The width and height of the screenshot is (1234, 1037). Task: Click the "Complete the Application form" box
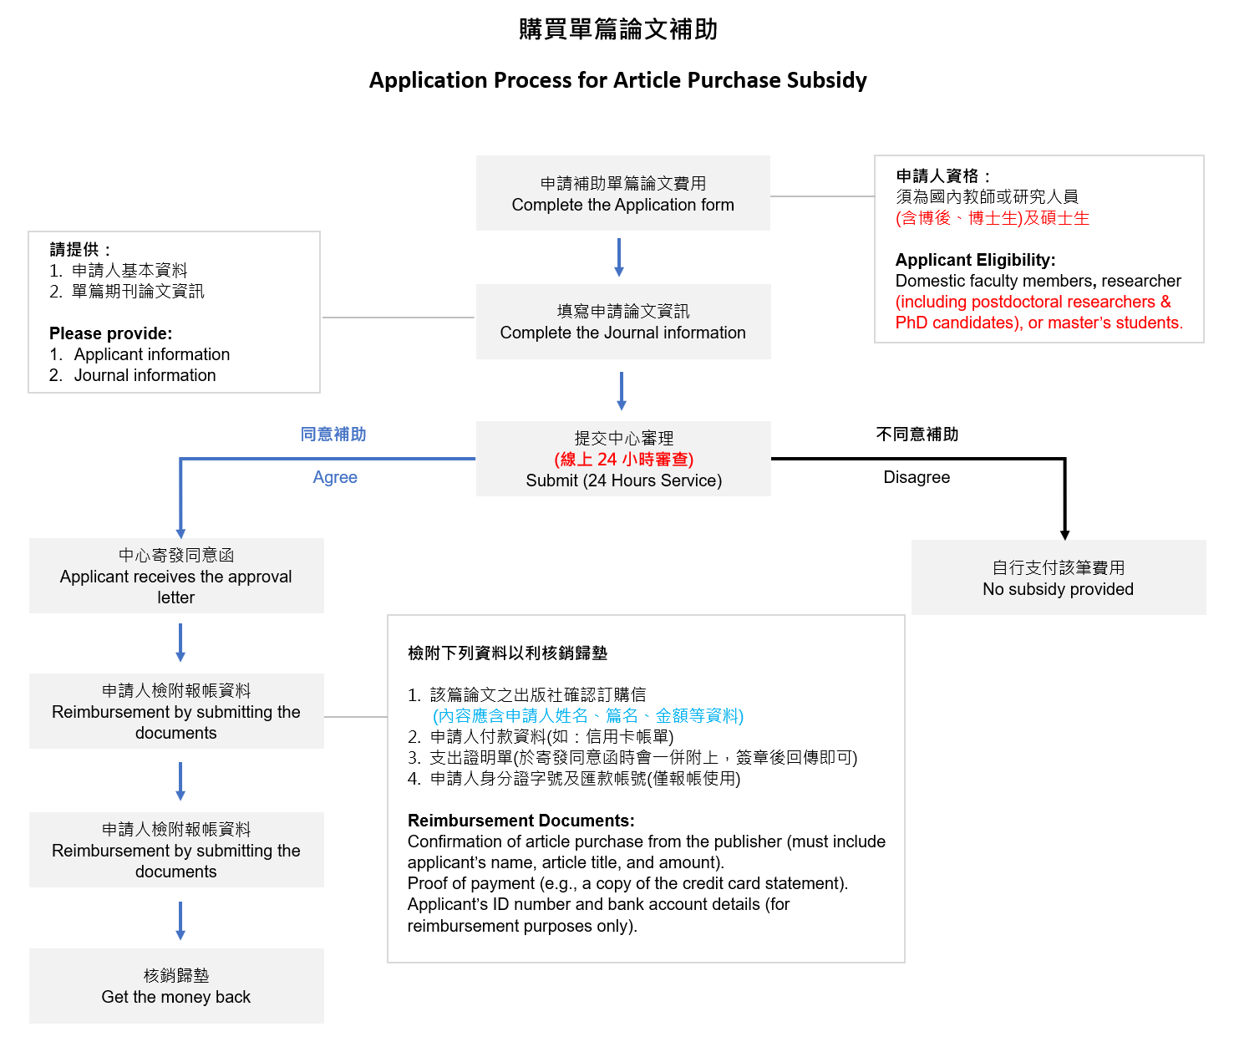tap(622, 193)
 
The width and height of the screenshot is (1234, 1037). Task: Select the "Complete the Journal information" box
tap(623, 321)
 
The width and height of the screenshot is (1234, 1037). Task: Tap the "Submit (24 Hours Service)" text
tap(623, 480)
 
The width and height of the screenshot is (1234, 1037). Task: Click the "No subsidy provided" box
tap(1058, 577)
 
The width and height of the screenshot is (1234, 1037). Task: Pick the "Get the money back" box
tap(176, 985)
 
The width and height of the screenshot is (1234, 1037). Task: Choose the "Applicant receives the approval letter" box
tap(176, 575)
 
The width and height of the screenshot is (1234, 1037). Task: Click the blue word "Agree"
tap(334, 477)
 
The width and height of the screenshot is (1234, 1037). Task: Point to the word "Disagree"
tap(916, 476)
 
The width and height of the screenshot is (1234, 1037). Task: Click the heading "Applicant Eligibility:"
tap(974, 260)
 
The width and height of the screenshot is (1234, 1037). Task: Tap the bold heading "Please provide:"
tap(110, 333)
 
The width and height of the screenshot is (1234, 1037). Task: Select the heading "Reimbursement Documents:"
tap(521, 820)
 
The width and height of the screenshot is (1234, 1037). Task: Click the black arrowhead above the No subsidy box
tap(1064, 535)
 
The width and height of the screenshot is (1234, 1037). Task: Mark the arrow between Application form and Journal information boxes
tap(619, 257)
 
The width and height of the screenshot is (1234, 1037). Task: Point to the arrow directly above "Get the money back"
tap(180, 921)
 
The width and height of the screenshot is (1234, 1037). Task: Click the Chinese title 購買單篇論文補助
tap(617, 29)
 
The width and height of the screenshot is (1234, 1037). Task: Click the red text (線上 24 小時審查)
tap(623, 459)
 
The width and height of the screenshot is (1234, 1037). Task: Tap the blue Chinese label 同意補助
tap(333, 434)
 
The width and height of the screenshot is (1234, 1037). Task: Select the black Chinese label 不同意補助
tap(917, 434)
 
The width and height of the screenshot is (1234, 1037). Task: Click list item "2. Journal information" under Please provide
tap(132, 375)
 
